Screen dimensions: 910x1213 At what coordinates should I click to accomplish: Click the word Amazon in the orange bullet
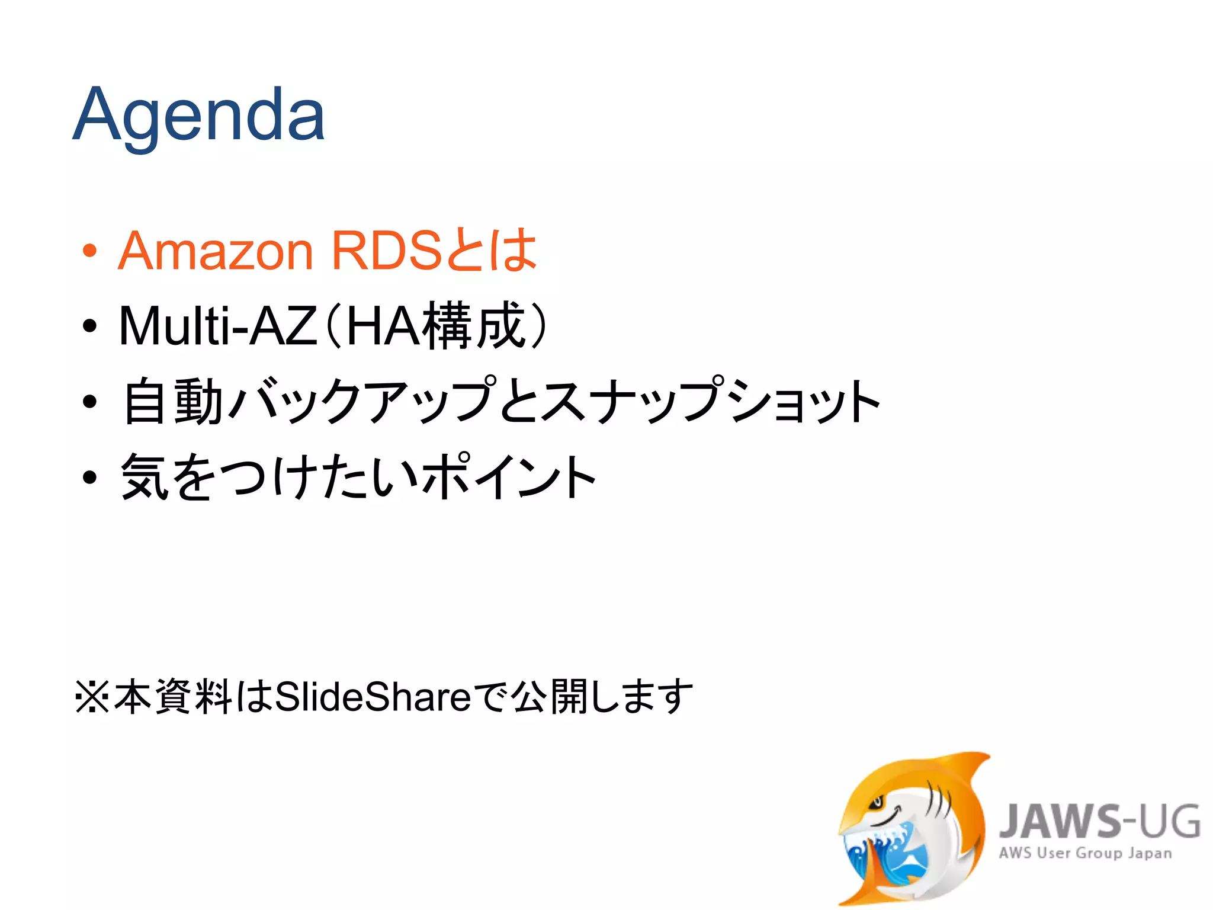(x=215, y=251)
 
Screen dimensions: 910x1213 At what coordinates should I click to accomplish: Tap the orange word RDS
(x=386, y=251)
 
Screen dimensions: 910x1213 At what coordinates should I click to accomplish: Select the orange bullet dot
(x=89, y=251)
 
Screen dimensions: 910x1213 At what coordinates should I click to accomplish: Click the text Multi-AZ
(x=217, y=326)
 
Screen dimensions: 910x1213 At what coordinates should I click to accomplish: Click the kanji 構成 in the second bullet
(x=476, y=326)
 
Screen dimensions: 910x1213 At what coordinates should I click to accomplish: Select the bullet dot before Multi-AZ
(x=89, y=326)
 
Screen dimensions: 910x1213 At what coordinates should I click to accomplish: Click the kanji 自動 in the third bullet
(x=172, y=402)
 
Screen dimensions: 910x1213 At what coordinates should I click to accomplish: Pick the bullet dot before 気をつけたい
(x=89, y=478)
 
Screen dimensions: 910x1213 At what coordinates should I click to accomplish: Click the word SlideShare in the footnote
(x=373, y=697)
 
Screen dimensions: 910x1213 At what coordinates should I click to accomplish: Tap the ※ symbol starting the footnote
(x=92, y=697)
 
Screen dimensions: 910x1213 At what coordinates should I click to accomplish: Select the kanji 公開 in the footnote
(x=550, y=697)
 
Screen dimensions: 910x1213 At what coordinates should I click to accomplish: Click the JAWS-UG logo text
(x=1099, y=822)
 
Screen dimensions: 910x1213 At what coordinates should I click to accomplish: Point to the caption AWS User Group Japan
(x=1085, y=854)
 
